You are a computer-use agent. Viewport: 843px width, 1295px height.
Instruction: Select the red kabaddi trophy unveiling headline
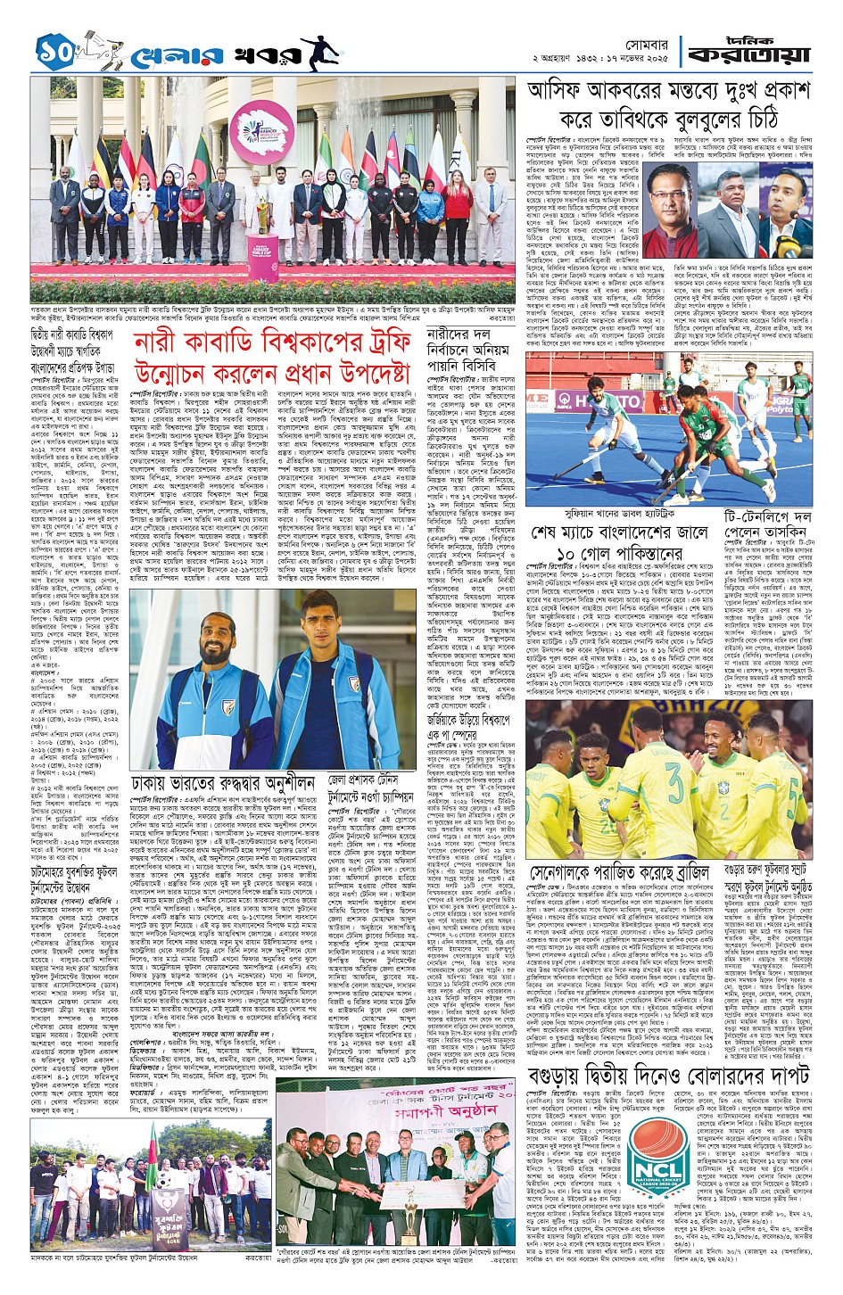[x=271, y=357]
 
